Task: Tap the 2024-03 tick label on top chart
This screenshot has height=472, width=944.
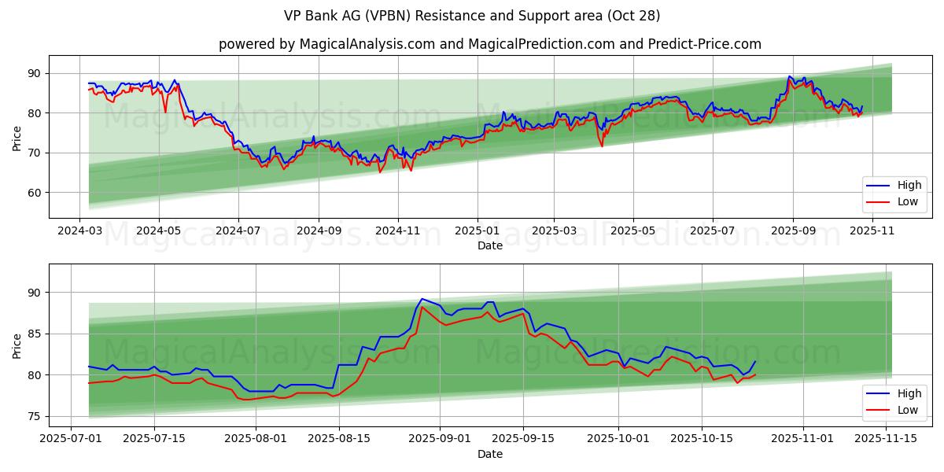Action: pos(79,231)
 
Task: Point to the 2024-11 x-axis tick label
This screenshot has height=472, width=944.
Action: pos(397,231)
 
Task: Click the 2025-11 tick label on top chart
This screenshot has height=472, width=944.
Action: pos(872,231)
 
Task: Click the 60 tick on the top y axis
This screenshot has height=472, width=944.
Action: pos(33,193)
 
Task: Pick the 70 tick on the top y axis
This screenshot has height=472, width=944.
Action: pos(33,153)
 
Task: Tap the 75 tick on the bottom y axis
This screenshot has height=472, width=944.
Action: pos(33,416)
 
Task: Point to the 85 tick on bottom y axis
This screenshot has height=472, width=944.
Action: pos(33,334)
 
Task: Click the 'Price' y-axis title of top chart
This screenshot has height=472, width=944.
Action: pos(17,137)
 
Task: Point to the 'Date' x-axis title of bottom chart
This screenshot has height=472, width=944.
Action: pos(489,455)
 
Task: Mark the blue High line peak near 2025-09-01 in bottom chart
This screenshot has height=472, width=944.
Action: pos(422,299)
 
